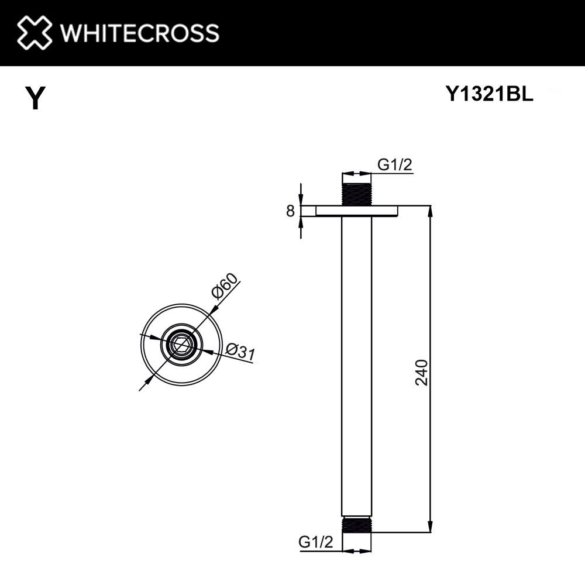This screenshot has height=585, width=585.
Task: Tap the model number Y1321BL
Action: coord(489,95)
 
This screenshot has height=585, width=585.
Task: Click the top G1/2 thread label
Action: coord(395,165)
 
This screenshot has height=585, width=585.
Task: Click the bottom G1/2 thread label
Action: coord(315,542)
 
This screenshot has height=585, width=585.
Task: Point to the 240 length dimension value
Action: coord(422,372)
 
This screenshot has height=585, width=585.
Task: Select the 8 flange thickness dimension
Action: coord(290,211)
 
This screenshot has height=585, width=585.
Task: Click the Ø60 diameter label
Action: coord(225,286)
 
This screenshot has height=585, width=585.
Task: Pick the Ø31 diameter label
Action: coord(240,352)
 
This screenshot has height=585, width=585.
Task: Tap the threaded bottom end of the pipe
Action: coord(356,525)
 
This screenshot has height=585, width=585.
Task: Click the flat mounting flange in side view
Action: coord(356,211)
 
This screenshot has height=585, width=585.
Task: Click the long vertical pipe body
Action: coord(356,369)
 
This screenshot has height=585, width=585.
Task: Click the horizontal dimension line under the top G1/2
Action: coord(356,174)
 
